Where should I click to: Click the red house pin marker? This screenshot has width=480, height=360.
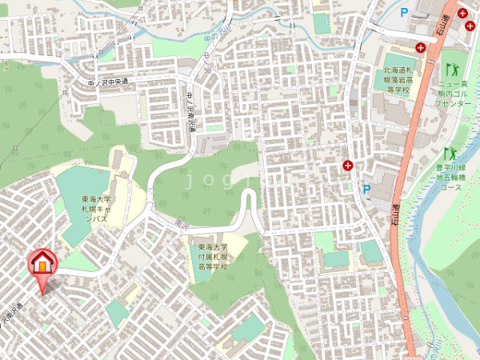[42, 262]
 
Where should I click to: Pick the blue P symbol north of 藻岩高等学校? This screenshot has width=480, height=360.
[404, 13]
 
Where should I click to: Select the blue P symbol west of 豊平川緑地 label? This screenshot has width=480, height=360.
[366, 190]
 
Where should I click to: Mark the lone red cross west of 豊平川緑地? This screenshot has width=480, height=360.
[348, 166]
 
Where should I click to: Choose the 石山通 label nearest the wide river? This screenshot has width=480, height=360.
[394, 214]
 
